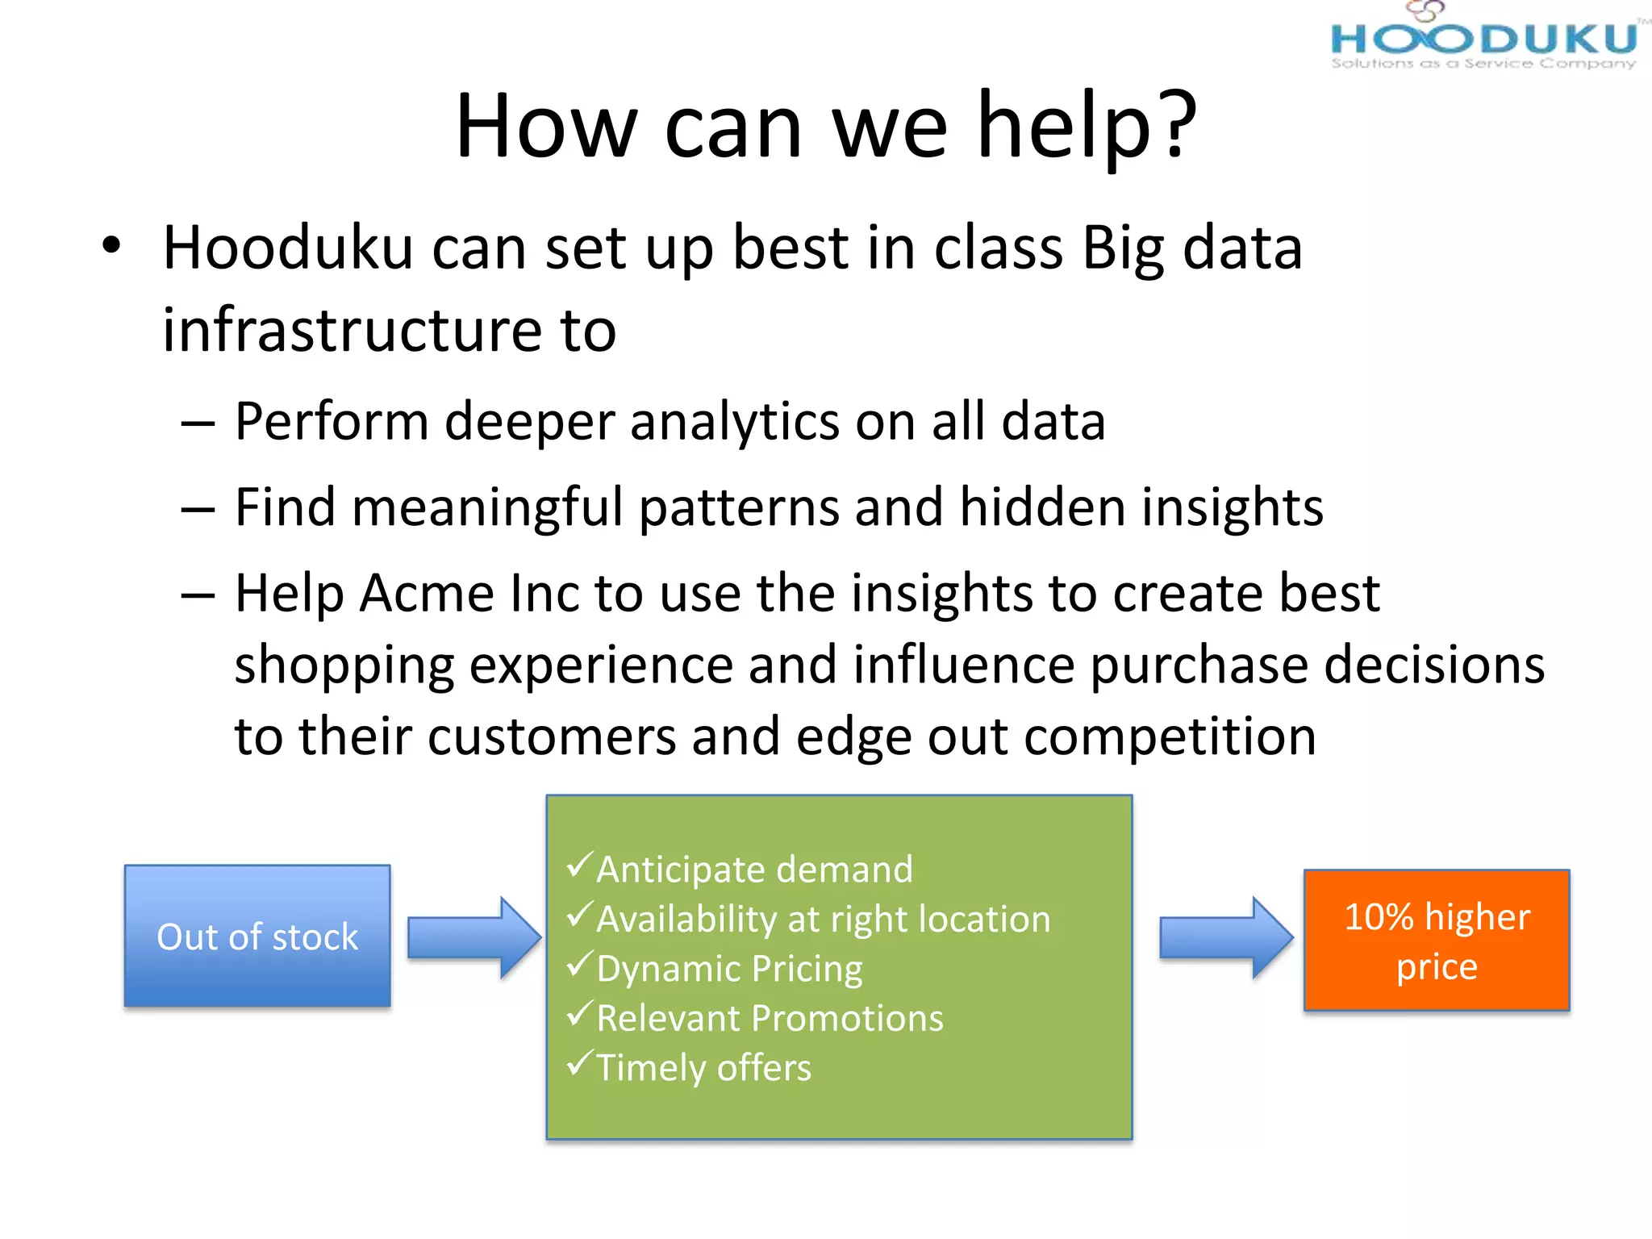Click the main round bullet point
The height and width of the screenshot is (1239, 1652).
tap(111, 245)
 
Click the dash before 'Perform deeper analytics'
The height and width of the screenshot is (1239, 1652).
tap(198, 423)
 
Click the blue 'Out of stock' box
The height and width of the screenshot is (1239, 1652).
tap(257, 937)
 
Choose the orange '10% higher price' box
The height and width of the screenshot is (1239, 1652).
tap(1437, 941)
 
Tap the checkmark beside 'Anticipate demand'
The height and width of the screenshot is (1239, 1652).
tap(580, 865)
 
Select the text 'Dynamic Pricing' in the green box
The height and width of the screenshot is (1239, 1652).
tap(729, 969)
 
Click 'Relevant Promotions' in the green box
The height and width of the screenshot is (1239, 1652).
tap(770, 1019)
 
